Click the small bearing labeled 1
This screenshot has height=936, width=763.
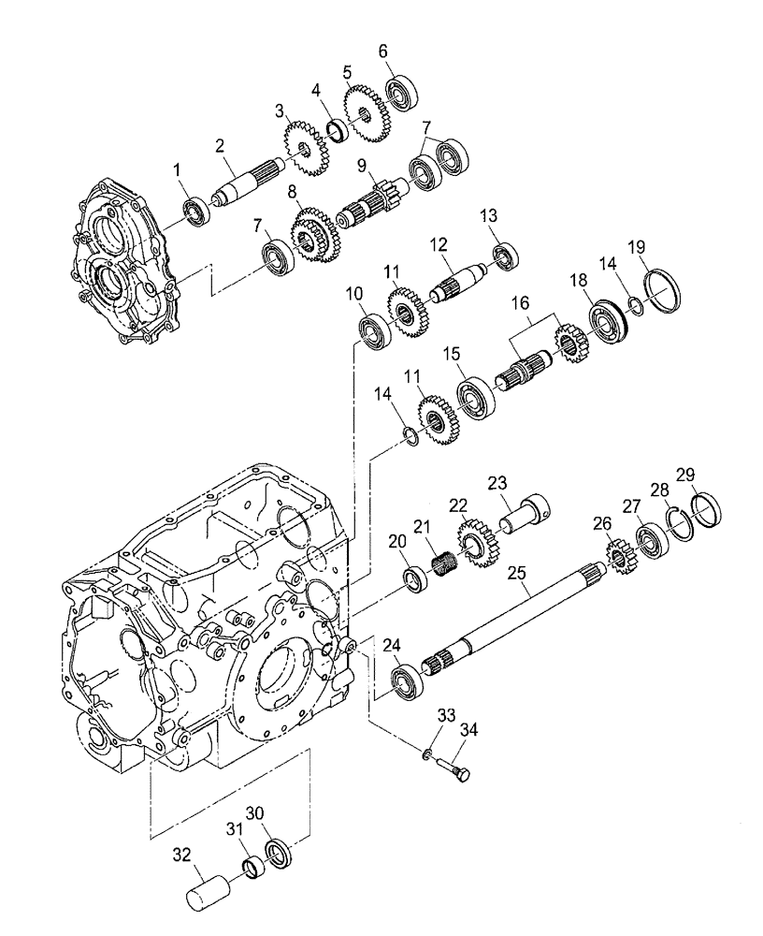tap(195, 212)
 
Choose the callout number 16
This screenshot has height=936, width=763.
tap(520, 304)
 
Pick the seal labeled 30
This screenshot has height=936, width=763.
tap(279, 856)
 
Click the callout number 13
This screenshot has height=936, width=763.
tap(490, 216)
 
